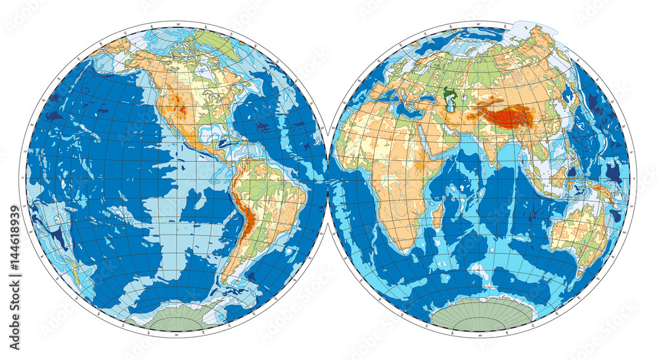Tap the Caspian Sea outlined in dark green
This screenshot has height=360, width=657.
pyautogui.click(x=449, y=101)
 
